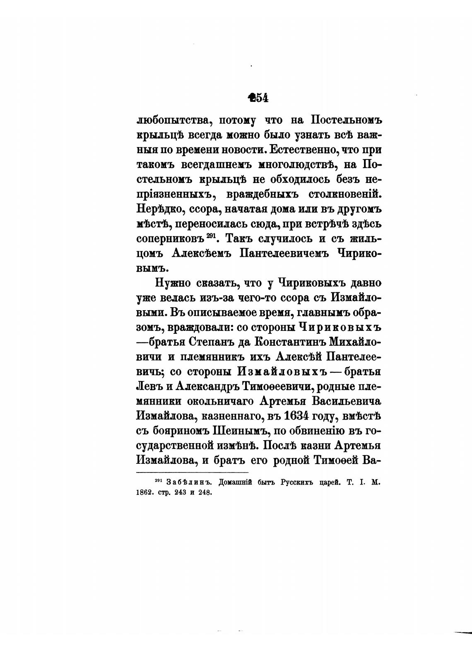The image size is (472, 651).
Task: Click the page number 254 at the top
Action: click(258, 98)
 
